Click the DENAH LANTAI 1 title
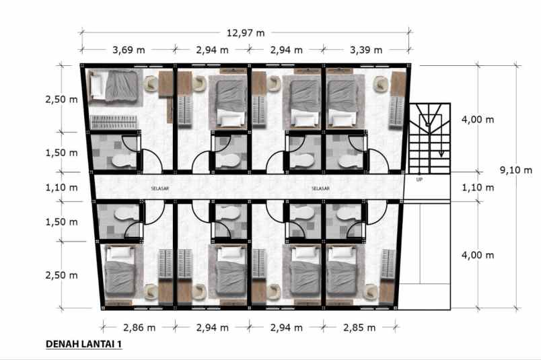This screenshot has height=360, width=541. click(83, 345)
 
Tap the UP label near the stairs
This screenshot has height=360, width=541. click(419, 179)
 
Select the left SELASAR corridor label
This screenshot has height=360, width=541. click(160, 188)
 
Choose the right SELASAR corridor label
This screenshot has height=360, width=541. click(320, 188)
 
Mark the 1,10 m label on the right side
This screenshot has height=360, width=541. click(478, 188)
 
